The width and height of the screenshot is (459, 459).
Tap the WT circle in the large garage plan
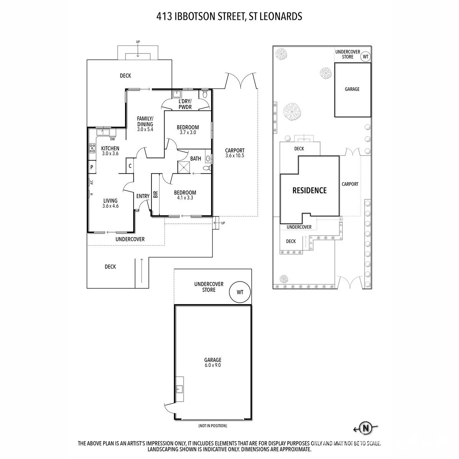(x=240, y=292)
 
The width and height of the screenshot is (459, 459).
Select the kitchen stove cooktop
(x=92, y=148)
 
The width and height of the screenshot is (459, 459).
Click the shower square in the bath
(x=184, y=167)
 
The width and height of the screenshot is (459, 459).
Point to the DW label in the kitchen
(x=112, y=139)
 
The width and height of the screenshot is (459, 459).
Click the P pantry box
(x=92, y=167)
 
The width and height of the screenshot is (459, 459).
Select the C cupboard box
(x=130, y=166)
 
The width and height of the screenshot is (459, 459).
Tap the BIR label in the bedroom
(x=156, y=194)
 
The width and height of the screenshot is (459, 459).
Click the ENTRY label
(x=143, y=196)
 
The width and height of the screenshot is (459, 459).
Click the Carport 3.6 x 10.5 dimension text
(x=235, y=156)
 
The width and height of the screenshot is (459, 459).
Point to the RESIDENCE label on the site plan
(x=309, y=190)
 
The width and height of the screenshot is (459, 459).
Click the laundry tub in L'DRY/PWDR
(x=176, y=94)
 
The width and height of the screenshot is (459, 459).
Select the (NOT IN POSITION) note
(x=213, y=426)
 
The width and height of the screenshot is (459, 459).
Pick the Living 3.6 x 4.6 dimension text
(x=110, y=206)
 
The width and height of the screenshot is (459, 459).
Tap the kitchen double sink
(x=103, y=132)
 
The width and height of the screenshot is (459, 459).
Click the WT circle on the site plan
(x=365, y=57)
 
